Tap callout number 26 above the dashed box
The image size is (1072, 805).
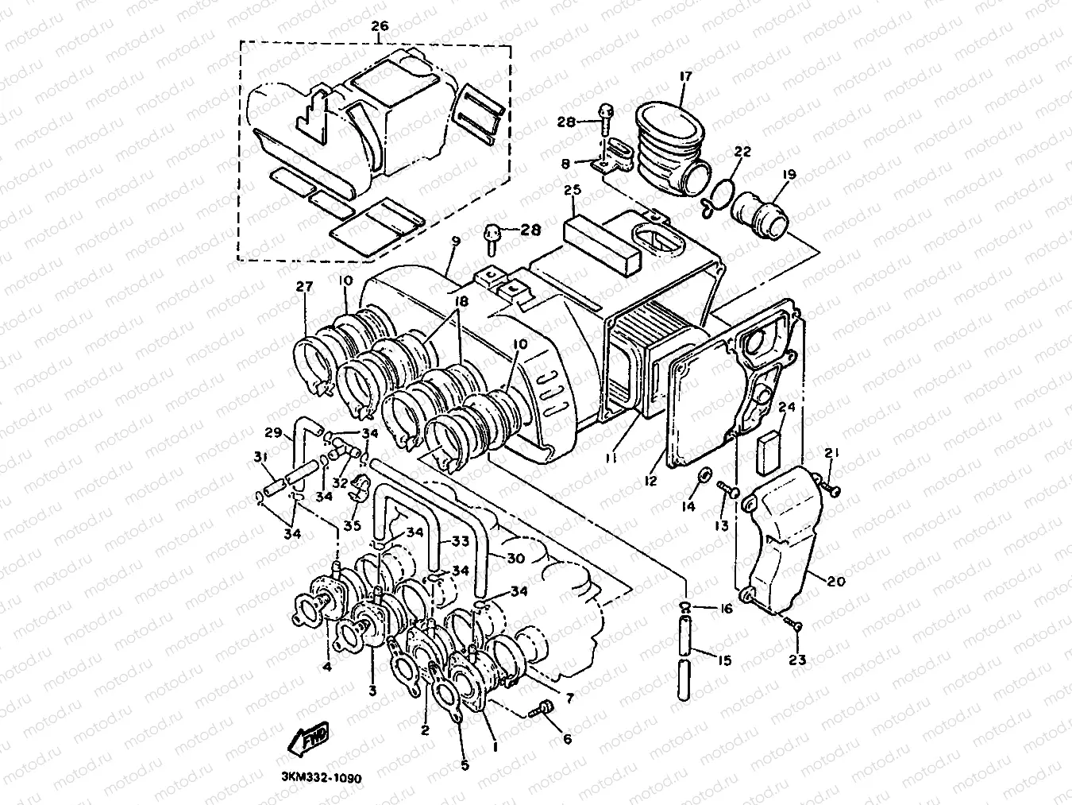(380, 26)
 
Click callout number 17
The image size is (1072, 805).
(685, 76)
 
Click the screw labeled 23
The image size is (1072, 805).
(792, 627)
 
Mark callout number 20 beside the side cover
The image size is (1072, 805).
(836, 582)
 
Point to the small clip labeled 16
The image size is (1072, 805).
(684, 609)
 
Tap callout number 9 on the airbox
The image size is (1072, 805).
(456, 239)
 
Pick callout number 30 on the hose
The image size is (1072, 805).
(515, 559)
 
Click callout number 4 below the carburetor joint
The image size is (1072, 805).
(326, 667)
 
